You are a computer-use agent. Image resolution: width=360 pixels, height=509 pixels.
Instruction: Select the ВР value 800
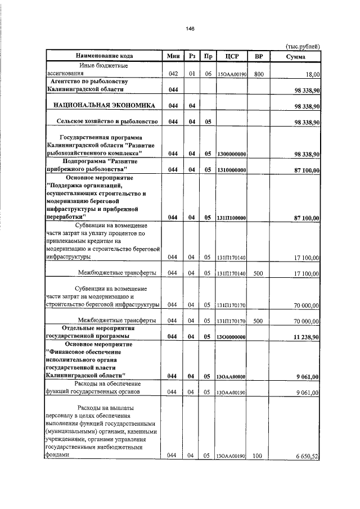click(x=258, y=74)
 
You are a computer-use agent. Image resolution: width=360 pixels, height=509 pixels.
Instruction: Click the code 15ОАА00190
click(x=231, y=74)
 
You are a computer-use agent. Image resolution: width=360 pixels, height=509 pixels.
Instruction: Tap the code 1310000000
click(x=231, y=169)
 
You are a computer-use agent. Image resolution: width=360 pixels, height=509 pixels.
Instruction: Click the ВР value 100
click(x=258, y=456)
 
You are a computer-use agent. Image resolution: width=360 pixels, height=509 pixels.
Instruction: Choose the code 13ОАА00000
click(x=231, y=377)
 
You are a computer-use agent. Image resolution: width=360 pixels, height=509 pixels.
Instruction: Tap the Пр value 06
click(x=208, y=74)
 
